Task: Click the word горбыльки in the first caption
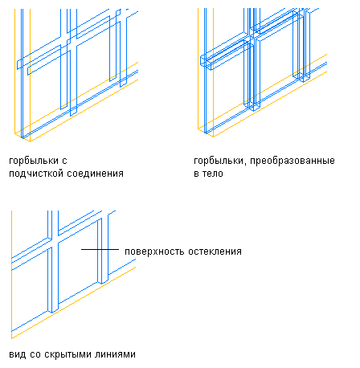click(x=34, y=161)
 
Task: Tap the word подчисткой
click(x=36, y=174)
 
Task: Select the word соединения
click(x=95, y=174)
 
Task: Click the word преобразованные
click(x=292, y=161)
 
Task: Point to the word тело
click(x=213, y=174)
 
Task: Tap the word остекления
click(x=215, y=251)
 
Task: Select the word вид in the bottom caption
click(x=18, y=354)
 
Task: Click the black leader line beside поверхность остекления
click(x=100, y=249)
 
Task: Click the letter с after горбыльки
click(x=64, y=162)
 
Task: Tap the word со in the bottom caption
click(x=35, y=355)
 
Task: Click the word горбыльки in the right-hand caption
click(x=219, y=161)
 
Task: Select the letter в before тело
click(x=196, y=174)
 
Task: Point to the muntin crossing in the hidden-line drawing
click(x=53, y=240)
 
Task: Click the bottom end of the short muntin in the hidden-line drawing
click(x=103, y=282)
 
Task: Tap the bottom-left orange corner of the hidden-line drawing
click(x=12, y=338)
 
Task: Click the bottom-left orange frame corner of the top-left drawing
click(x=14, y=133)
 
